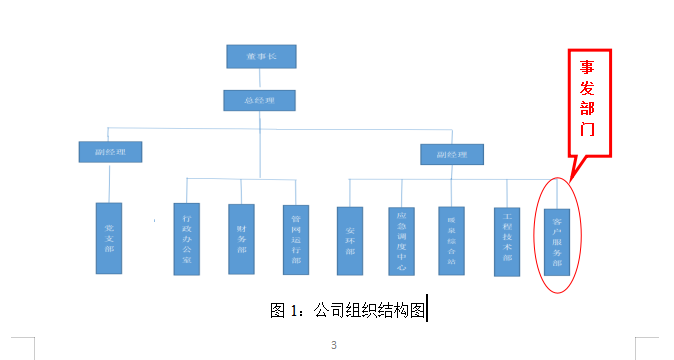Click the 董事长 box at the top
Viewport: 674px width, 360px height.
tap(260, 57)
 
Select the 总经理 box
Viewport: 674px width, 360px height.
tap(260, 100)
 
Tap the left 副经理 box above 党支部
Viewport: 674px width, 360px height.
tap(110, 152)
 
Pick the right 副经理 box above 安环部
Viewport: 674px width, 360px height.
tap(452, 154)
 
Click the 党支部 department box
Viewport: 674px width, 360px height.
tap(108, 238)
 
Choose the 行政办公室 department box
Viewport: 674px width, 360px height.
tap(186, 238)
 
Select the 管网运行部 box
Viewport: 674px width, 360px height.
tap(296, 238)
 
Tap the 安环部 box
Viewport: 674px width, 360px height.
tap(349, 240)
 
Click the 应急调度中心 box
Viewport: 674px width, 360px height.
tap(401, 240)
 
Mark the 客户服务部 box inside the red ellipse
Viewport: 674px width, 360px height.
tap(557, 242)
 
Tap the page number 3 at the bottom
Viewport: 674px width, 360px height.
tap(334, 346)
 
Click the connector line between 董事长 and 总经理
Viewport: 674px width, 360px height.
tap(260, 79)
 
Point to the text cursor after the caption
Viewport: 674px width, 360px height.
tap(427, 310)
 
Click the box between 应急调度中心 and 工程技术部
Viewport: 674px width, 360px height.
tap(453, 240)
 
